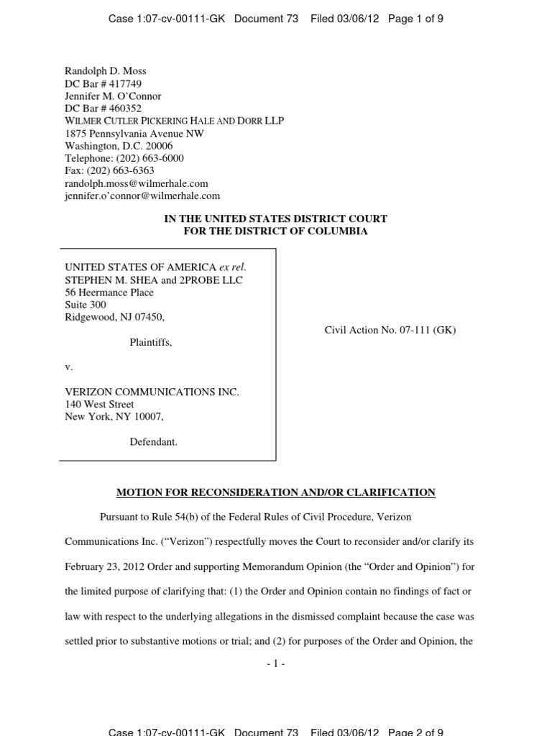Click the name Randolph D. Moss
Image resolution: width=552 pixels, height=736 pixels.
click(x=105, y=71)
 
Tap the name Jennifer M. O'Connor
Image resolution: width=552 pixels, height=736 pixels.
click(x=113, y=96)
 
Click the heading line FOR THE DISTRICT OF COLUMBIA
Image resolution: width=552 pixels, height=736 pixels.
click(x=275, y=231)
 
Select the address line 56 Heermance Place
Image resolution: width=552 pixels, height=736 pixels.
click(x=109, y=293)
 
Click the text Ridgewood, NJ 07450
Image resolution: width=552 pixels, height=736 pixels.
click(x=119, y=317)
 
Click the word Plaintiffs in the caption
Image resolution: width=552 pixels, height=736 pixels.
click(x=150, y=343)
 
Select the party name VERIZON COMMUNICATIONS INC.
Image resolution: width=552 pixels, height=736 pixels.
click(x=152, y=392)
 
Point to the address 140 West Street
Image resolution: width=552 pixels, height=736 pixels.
click(x=99, y=404)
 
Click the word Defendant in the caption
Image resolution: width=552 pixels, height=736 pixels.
click(x=153, y=442)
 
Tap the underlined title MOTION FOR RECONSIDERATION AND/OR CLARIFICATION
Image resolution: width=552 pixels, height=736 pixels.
click(x=276, y=492)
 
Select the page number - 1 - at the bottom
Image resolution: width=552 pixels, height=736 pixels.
click(x=275, y=664)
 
